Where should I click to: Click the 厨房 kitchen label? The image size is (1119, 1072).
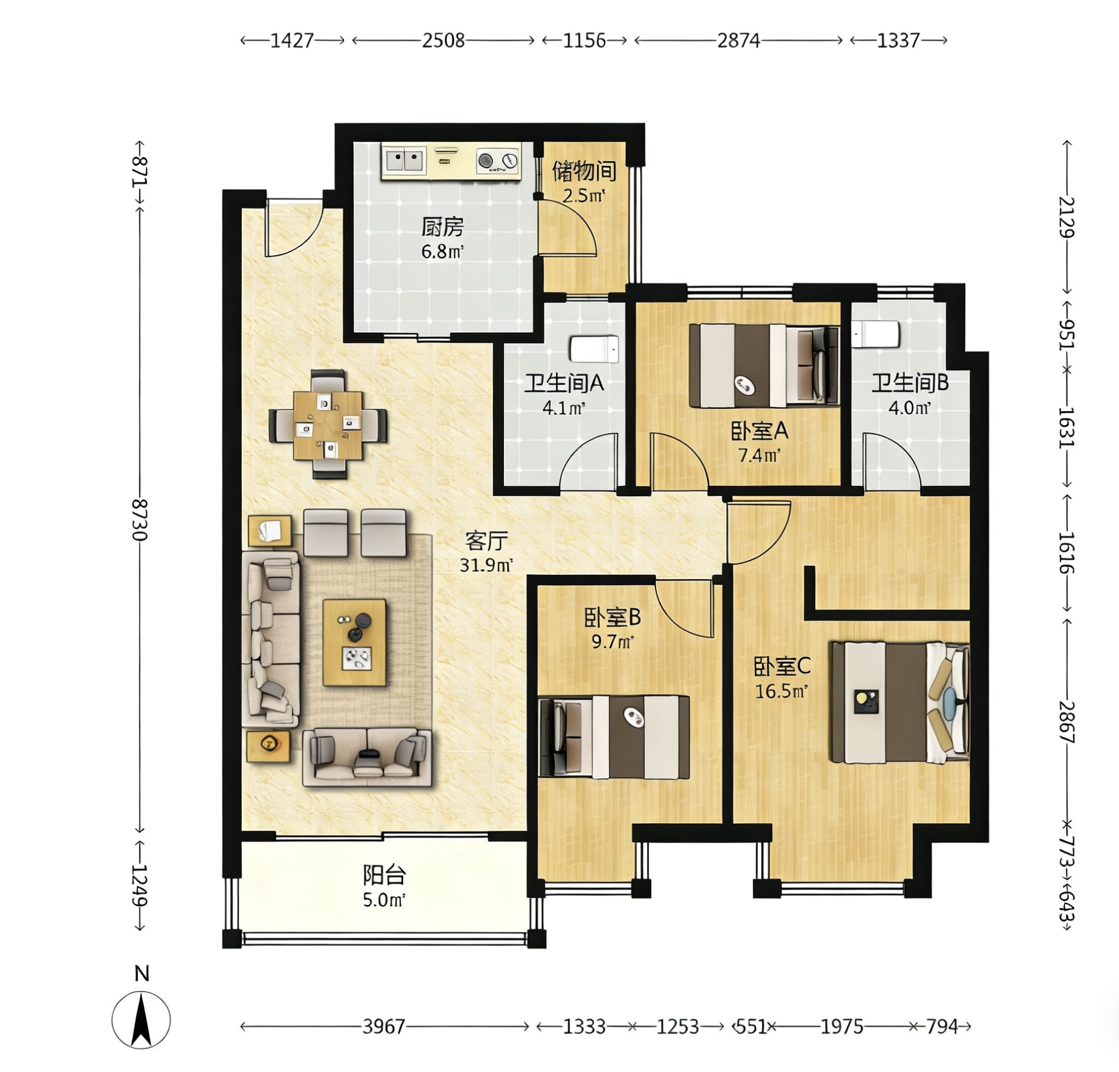point(442,227)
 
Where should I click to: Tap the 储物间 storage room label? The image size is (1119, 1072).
point(584,171)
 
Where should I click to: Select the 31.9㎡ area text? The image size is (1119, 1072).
point(486,565)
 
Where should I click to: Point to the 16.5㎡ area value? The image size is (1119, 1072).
point(781,690)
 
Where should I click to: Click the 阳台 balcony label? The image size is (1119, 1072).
point(384,875)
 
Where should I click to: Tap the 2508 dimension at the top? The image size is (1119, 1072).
point(443,41)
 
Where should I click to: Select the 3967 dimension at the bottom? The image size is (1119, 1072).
point(383,1026)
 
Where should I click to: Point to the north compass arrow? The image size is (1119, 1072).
point(142,1021)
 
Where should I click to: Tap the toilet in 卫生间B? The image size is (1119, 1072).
point(875,334)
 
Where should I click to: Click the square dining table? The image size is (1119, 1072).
point(328,425)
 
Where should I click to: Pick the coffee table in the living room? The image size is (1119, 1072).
point(354,642)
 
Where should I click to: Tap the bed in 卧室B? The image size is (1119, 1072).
point(614,736)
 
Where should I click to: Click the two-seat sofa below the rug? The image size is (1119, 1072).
point(367,758)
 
